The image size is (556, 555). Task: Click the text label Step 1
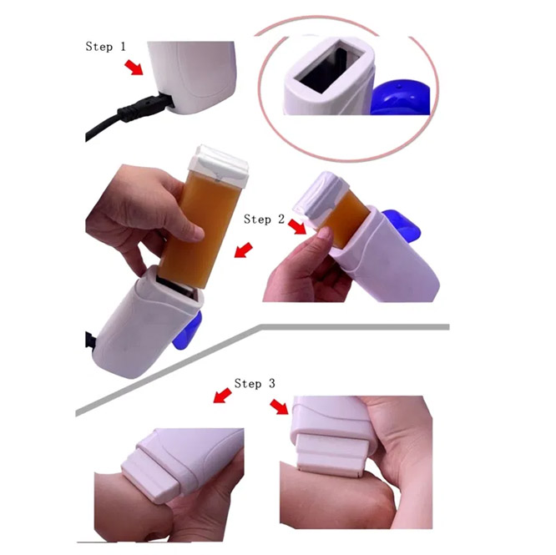tap(106, 47)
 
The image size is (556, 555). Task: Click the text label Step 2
tap(264, 219)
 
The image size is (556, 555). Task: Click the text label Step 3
tap(255, 383)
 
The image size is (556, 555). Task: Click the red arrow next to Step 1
tap(134, 68)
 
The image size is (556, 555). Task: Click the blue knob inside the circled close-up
tap(400, 97)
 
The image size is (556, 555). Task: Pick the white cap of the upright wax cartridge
tap(219, 165)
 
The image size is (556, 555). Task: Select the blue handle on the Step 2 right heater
tap(402, 226)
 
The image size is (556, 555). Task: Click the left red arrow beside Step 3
tap(222, 395)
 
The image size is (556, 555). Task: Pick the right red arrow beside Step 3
tap(280, 406)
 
